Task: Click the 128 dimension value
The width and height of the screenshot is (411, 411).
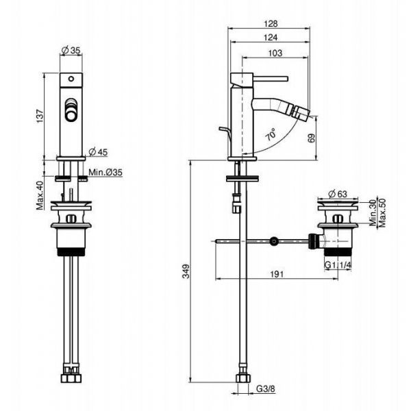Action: [271, 24]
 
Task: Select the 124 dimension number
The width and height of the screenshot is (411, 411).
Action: [271, 38]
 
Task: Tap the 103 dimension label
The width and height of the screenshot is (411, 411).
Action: [275, 53]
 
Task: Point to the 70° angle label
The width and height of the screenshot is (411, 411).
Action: [271, 134]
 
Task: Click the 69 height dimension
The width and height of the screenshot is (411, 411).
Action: [312, 138]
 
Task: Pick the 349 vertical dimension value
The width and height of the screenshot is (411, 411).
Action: [186, 271]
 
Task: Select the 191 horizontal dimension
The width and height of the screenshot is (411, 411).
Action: [277, 274]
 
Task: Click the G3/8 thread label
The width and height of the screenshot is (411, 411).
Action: [266, 388]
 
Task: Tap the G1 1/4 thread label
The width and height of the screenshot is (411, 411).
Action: [338, 265]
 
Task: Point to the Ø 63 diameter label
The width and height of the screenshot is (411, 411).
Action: [338, 194]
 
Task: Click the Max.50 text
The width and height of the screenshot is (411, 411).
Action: [382, 213]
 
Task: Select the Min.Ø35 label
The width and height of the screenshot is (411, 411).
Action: [105, 172]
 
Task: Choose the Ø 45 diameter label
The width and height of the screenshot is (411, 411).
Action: [98, 152]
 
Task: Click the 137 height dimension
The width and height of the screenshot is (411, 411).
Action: [40, 116]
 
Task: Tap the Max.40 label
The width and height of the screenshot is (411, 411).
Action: [40, 195]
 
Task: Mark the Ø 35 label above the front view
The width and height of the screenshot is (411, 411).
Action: [71, 50]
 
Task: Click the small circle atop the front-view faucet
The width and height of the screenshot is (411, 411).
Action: [71, 79]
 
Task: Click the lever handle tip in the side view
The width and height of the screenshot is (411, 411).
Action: [287, 79]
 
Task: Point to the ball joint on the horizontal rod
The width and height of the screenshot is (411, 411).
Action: [274, 241]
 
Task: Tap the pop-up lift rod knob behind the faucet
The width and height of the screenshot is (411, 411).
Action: [222, 129]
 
